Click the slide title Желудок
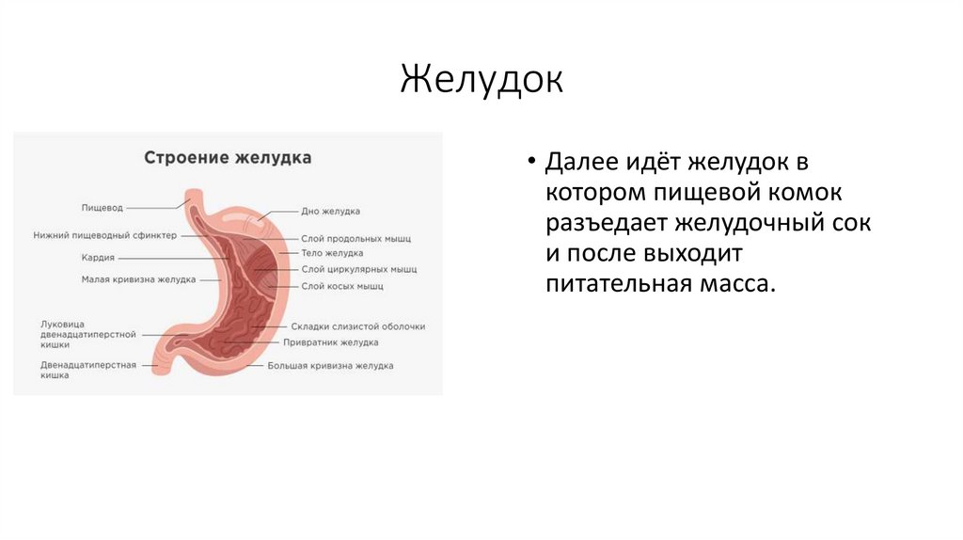click(x=481, y=79)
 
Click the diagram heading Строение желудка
click(x=228, y=157)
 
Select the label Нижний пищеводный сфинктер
click(x=104, y=235)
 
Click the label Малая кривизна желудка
click(x=138, y=279)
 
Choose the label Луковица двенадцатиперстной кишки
click(x=88, y=334)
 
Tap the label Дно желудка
click(x=330, y=212)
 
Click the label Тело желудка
click(x=332, y=253)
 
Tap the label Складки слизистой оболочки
click(x=358, y=326)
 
